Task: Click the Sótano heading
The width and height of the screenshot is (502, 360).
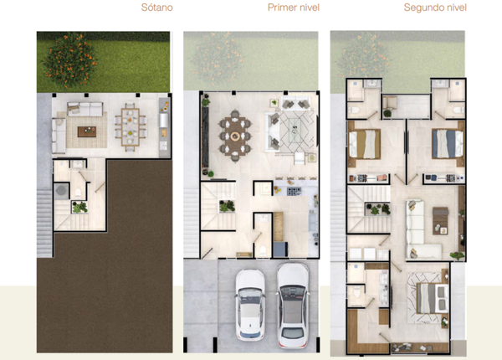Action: [x=157, y=8]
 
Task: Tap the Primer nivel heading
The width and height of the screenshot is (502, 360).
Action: [x=294, y=8]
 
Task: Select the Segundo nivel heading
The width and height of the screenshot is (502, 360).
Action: [x=435, y=8]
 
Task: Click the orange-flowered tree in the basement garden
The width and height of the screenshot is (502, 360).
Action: [x=69, y=60]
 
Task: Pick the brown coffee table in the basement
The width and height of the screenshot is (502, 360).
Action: [x=87, y=131]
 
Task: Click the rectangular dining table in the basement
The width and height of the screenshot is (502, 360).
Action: [x=130, y=127]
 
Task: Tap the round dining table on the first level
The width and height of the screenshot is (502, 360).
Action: [x=235, y=136]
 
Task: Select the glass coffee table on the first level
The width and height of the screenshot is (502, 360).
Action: [x=295, y=130]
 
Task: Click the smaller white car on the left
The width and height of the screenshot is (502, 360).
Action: [x=250, y=304]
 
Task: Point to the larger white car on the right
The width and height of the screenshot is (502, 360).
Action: [x=293, y=306]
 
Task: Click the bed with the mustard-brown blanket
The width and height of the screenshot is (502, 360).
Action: [x=364, y=144]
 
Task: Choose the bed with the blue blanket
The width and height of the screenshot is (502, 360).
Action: [x=448, y=144]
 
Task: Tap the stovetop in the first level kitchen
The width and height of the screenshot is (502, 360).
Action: [x=294, y=192]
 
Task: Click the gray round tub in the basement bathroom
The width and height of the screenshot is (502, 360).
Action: [x=61, y=191]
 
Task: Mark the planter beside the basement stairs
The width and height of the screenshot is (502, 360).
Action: [x=79, y=208]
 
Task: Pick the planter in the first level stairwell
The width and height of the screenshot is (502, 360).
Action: [x=227, y=206]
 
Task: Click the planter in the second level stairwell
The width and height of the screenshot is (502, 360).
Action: [x=378, y=209]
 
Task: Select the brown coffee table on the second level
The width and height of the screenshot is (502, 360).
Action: [x=441, y=221]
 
